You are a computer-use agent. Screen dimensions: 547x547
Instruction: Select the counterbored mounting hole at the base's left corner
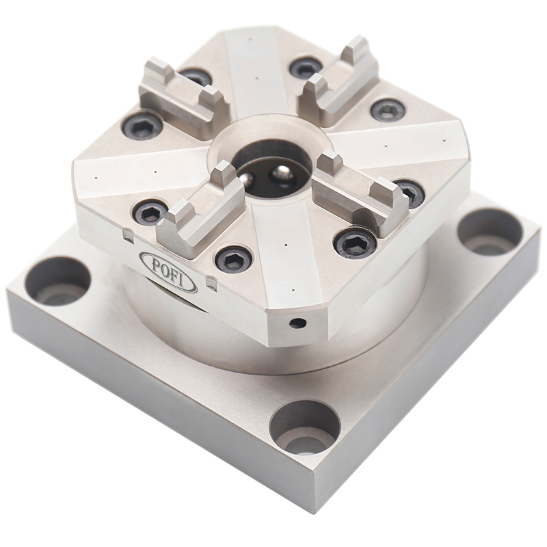pyautogui.click(x=57, y=280)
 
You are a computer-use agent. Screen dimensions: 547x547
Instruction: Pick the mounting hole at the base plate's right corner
pyautogui.click(x=490, y=231)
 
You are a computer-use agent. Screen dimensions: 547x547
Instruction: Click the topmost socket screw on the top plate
pyautogui.click(x=305, y=67)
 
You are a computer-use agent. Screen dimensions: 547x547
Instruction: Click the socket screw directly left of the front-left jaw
pyautogui.click(x=150, y=213)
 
